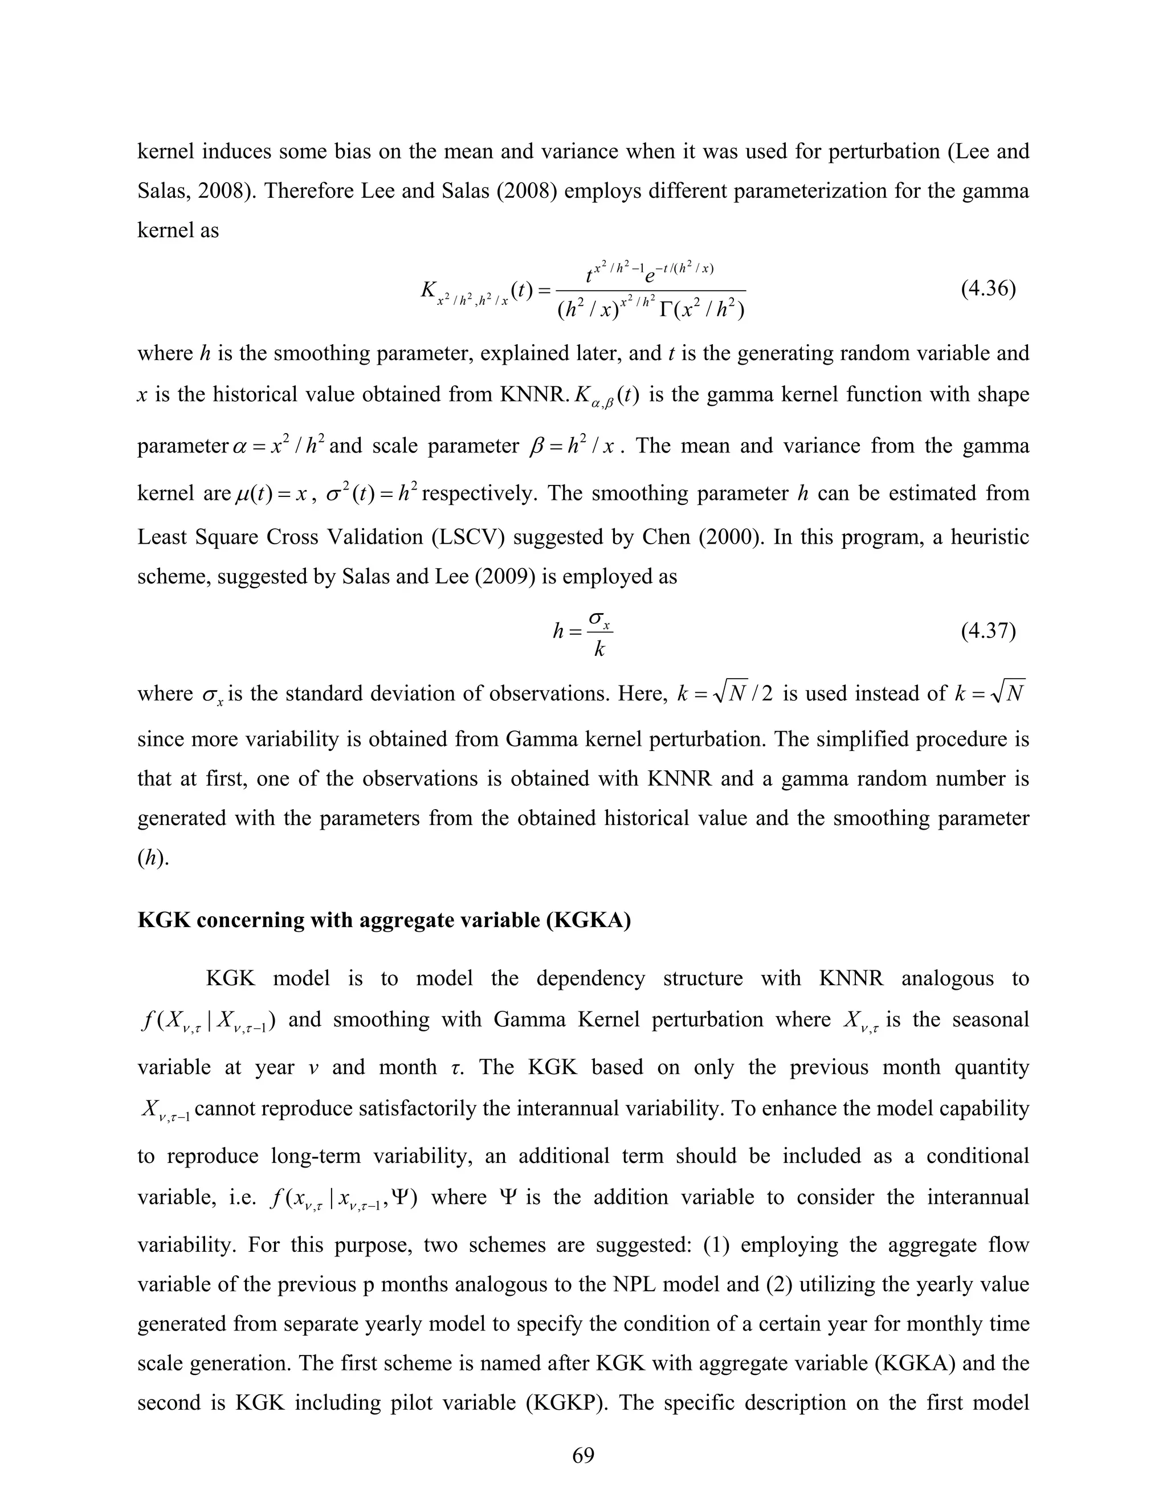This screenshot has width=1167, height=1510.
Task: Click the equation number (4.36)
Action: (x=988, y=288)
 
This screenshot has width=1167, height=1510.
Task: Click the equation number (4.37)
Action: (x=988, y=631)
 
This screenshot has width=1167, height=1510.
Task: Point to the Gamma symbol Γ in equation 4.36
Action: (x=668, y=311)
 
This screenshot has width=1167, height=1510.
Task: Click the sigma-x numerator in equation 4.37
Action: (x=599, y=617)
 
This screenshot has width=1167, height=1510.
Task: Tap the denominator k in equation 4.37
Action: (x=599, y=649)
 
